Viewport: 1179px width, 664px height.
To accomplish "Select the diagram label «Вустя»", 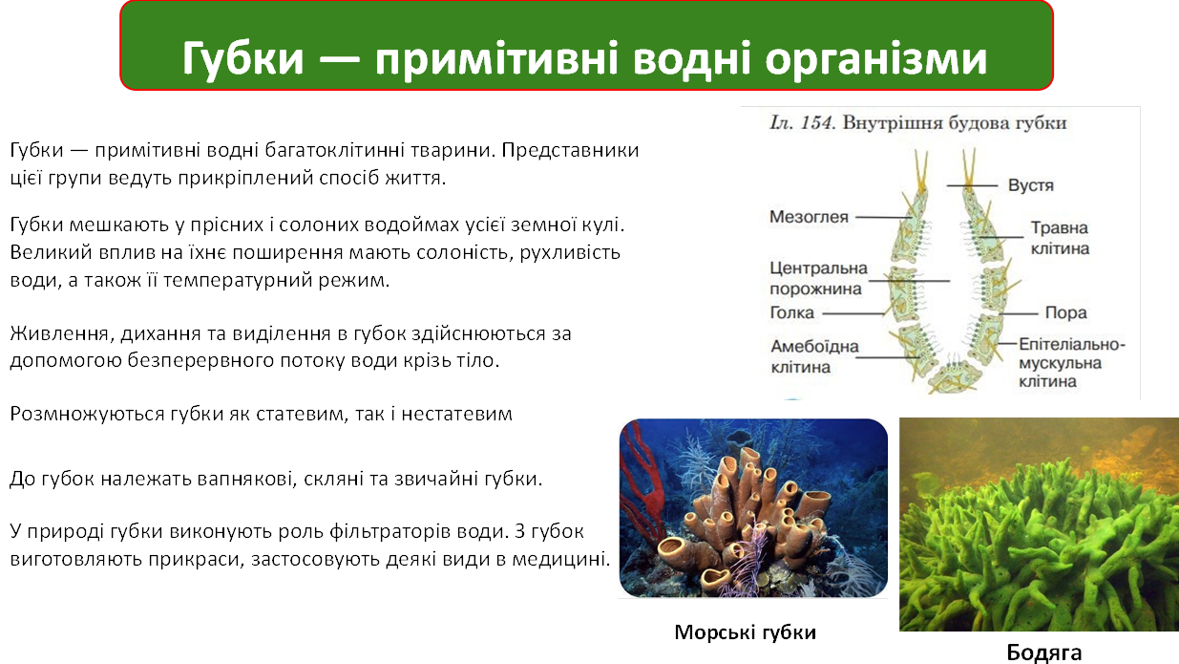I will (x=1030, y=184).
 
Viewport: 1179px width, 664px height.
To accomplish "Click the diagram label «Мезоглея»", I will (x=809, y=217).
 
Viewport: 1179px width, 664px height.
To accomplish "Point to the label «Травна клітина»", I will (x=1059, y=238).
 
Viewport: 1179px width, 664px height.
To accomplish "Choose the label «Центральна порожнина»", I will (x=817, y=278).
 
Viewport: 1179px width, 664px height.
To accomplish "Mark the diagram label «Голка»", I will (x=791, y=312).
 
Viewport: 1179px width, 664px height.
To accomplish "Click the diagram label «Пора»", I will (x=1065, y=312).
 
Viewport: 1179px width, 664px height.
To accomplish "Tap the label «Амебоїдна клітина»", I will (x=814, y=356).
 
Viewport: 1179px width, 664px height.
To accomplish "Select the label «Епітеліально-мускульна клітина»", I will (x=1072, y=362).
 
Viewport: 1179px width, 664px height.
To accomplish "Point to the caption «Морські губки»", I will (x=746, y=632).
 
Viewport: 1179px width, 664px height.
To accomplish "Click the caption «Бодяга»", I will (x=1044, y=653).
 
